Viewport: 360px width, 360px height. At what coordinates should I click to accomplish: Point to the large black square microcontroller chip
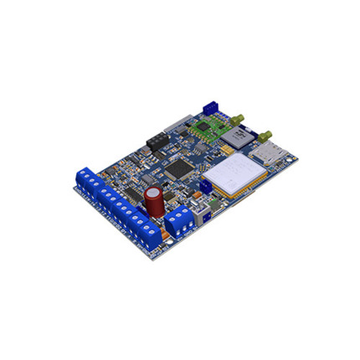coord(177,167)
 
